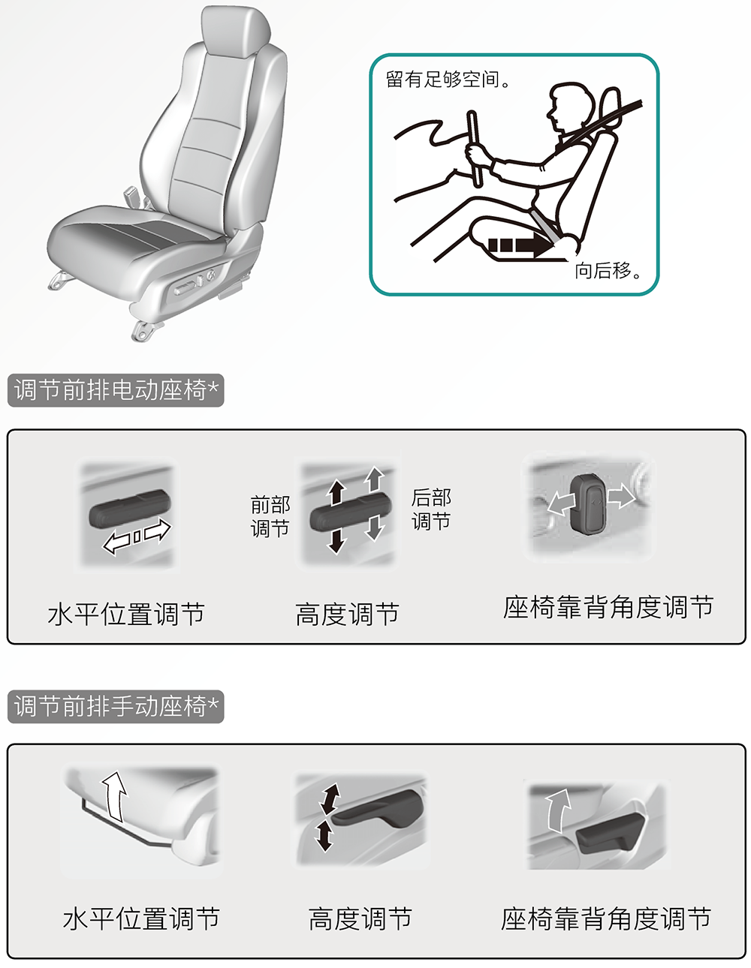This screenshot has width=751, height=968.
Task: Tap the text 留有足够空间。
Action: pyautogui.click(x=448, y=80)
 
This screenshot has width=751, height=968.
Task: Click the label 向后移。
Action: pyautogui.click(x=608, y=270)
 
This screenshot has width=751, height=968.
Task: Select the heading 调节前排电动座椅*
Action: pyautogui.click(x=116, y=390)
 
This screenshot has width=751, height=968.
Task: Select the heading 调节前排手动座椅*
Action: pyautogui.click(x=116, y=707)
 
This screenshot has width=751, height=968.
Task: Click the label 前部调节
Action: pyautogui.click(x=270, y=517)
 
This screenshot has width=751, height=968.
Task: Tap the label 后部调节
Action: pyautogui.click(x=431, y=510)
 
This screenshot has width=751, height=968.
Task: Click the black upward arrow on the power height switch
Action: pyautogui.click(x=336, y=493)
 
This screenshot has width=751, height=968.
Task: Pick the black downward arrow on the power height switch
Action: pyautogui.click(x=336, y=540)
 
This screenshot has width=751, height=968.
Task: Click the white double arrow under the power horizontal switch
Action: pyautogui.click(x=137, y=537)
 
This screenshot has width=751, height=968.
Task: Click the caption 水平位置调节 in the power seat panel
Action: pyautogui.click(x=126, y=615)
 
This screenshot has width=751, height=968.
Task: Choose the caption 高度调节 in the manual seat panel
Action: pyautogui.click(x=360, y=918)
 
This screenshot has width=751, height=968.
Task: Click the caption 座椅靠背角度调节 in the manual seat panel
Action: pyautogui.click(x=606, y=918)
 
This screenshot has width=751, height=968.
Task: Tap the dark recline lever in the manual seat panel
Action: pyautogui.click(x=613, y=832)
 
